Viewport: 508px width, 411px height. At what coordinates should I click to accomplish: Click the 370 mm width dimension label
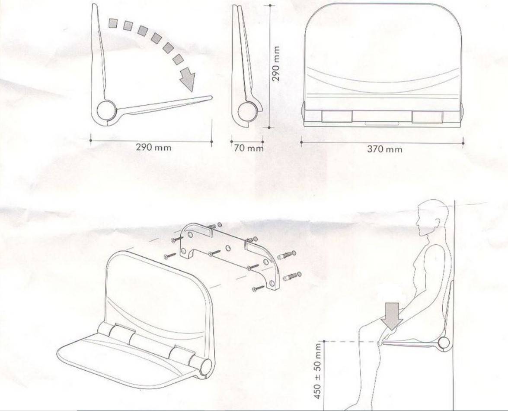pos(384,149)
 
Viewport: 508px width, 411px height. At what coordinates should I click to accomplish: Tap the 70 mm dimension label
pos(248,148)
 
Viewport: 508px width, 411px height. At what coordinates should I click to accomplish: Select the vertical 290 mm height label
pos(278,64)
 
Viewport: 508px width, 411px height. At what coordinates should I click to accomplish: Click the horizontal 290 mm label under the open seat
pos(153,147)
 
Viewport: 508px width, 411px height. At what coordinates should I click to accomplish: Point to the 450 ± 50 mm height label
pos(319,370)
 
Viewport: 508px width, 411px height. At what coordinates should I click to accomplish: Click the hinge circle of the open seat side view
pos(105,110)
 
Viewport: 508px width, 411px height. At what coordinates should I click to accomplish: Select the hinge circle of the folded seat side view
pos(247,110)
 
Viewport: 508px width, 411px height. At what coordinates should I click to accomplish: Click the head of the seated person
pos(430,218)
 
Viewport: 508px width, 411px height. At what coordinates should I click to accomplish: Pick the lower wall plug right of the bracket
pos(291,275)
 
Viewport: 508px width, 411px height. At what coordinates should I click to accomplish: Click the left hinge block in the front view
pos(337,117)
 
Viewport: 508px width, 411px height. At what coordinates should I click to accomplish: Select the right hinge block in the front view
pos(427,117)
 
